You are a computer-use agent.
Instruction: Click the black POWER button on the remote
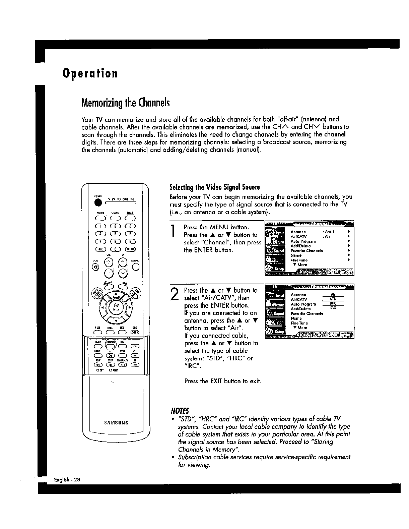[98, 203]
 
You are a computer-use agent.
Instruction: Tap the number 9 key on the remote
[130, 241]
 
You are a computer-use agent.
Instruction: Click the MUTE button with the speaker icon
[96, 267]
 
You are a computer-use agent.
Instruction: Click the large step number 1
[173, 232]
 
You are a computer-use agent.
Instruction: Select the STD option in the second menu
[333, 299]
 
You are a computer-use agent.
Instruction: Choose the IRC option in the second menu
[333, 307]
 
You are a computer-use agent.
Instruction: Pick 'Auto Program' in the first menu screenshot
[303, 241]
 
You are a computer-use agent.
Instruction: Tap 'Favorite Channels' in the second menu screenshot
[306, 314]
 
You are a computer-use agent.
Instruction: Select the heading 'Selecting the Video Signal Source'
[215, 187]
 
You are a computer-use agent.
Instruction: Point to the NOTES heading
[180, 411]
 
